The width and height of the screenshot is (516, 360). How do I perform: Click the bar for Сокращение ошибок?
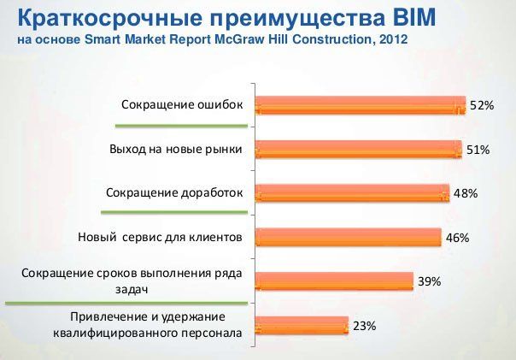[x=361, y=105]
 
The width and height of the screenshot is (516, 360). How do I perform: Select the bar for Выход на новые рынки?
[x=359, y=150]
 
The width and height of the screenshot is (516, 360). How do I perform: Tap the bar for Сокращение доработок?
[x=353, y=193]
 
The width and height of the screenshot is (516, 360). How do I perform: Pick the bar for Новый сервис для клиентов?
[x=349, y=237]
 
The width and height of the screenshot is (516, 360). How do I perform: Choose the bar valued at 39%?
[x=334, y=281]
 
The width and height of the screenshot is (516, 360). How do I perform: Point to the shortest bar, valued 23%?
[x=302, y=326]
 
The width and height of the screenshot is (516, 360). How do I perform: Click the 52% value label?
[x=482, y=105]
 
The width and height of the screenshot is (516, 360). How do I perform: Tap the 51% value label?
[x=478, y=150]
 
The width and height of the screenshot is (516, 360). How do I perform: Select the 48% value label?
[x=466, y=193]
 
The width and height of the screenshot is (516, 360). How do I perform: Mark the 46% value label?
[x=457, y=238]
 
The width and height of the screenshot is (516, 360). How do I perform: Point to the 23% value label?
[x=365, y=326]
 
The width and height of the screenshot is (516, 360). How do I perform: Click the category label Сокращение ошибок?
[x=182, y=105]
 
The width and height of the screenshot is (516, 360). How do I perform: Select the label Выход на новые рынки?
[x=176, y=149]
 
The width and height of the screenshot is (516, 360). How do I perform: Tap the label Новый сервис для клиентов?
[x=161, y=237]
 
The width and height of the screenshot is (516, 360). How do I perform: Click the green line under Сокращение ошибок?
[x=181, y=126]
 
